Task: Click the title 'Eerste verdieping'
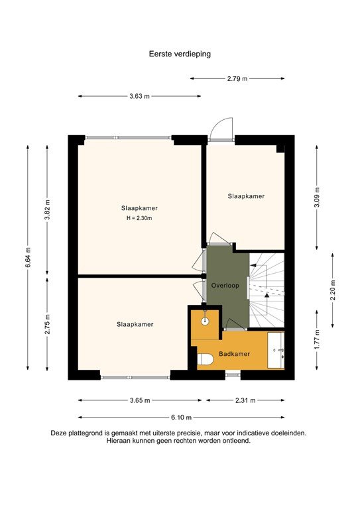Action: point(180,54)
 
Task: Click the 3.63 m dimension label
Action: point(139,97)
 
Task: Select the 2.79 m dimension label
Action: point(237,79)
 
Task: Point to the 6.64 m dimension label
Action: point(28,257)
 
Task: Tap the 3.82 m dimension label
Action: point(48,208)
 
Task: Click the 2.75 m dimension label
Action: point(48,324)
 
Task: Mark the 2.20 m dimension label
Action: point(333,290)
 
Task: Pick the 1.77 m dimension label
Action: point(316,339)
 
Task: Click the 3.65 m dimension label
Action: point(140,400)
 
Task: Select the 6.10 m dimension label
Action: point(180,418)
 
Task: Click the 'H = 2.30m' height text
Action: point(139,219)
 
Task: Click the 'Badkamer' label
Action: point(235,354)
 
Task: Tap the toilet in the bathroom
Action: point(205,359)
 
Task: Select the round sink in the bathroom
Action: point(206,320)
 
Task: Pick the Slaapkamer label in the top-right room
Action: point(246,196)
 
